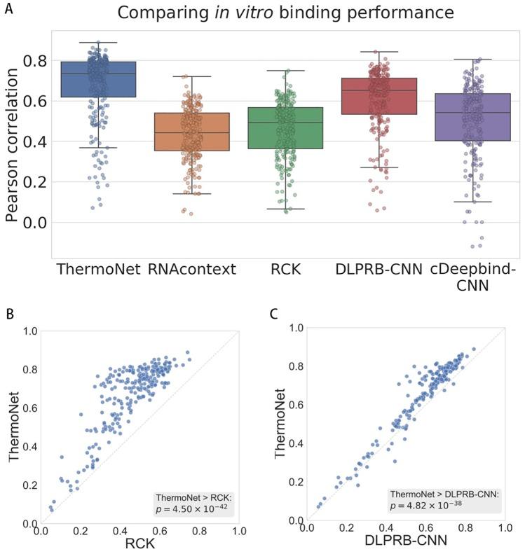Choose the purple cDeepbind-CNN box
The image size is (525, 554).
tap(473, 117)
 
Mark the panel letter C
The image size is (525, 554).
tap(275, 312)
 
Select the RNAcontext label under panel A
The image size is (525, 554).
tap(191, 268)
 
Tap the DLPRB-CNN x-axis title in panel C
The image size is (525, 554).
tap(404, 542)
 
